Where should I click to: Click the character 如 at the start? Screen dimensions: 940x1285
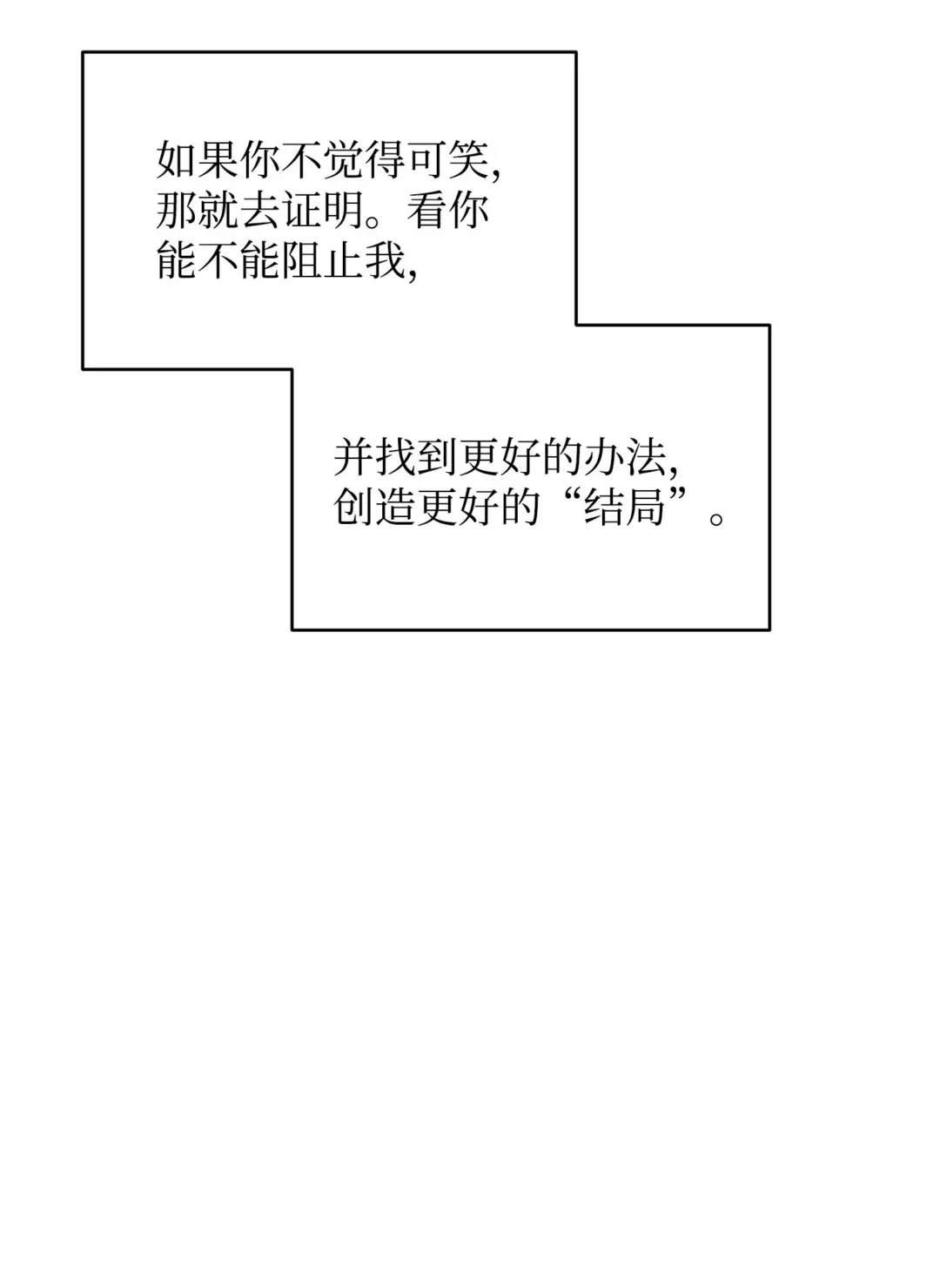177,159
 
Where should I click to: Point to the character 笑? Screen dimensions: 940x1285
468,159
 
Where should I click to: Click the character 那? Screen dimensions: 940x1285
177,210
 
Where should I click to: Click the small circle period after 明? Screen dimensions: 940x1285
373,221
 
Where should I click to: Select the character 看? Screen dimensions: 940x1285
427,210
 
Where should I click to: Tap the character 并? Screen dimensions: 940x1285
353,458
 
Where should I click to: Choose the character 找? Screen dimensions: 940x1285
395,458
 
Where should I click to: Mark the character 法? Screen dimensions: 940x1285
646,458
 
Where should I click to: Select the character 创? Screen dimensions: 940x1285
353,507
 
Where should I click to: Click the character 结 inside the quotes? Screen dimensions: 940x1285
604,507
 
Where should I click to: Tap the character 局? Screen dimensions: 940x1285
646,507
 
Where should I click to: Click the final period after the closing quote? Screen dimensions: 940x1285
716,519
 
